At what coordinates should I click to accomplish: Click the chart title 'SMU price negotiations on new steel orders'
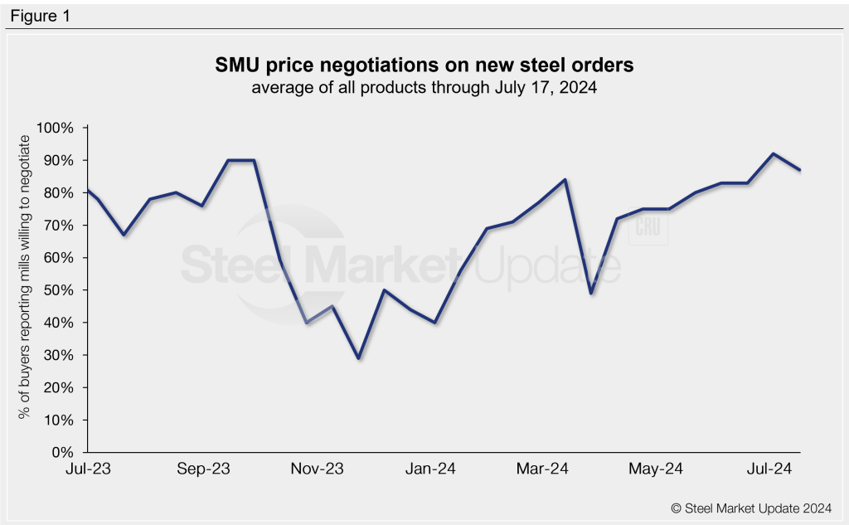pos(424,65)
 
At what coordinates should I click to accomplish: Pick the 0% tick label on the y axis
pos(65,453)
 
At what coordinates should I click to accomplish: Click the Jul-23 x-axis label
pos(88,469)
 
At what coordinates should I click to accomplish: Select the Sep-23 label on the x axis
pos(203,469)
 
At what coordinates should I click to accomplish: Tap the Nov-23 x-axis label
pos(318,469)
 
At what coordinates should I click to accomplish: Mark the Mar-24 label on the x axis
pos(542,469)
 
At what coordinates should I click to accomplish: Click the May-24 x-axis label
pos(656,469)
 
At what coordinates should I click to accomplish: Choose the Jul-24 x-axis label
pos(769,469)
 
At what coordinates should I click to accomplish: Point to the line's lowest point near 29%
pos(358,357)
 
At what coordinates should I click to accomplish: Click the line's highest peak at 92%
pos(773,153)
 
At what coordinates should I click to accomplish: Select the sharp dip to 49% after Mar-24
pos(590,293)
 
